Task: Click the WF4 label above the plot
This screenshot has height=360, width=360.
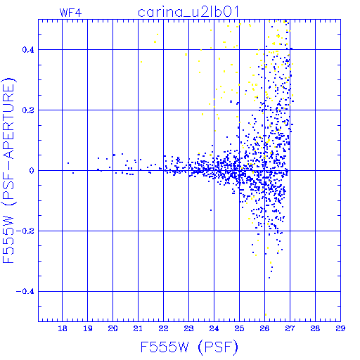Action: (70, 13)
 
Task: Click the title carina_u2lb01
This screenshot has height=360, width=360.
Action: (188, 12)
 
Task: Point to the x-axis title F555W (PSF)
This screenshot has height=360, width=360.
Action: (189, 347)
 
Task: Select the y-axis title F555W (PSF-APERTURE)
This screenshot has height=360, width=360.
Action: (8, 171)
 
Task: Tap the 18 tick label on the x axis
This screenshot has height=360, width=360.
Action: (63, 328)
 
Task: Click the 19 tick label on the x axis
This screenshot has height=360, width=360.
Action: (88, 328)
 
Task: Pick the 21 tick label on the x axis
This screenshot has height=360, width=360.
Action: (138, 328)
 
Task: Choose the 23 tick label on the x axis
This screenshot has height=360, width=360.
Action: (188, 328)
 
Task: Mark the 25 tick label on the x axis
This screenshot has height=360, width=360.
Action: (239, 328)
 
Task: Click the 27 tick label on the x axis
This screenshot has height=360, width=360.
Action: (290, 328)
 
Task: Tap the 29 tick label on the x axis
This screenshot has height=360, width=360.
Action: (340, 328)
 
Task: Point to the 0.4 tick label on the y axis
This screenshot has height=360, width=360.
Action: (28, 50)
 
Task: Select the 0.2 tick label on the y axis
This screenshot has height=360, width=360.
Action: (28, 110)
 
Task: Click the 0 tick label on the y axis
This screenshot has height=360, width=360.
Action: (32, 171)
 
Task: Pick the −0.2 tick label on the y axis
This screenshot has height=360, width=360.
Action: (25, 231)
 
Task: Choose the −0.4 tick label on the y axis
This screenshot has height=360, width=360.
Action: (25, 292)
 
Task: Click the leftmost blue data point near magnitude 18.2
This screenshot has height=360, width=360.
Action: (68, 163)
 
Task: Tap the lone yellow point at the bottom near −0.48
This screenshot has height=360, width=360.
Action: (266, 314)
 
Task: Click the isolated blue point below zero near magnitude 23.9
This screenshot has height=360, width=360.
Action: (211, 210)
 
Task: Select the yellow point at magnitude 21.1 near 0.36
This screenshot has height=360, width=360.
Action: (141, 62)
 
